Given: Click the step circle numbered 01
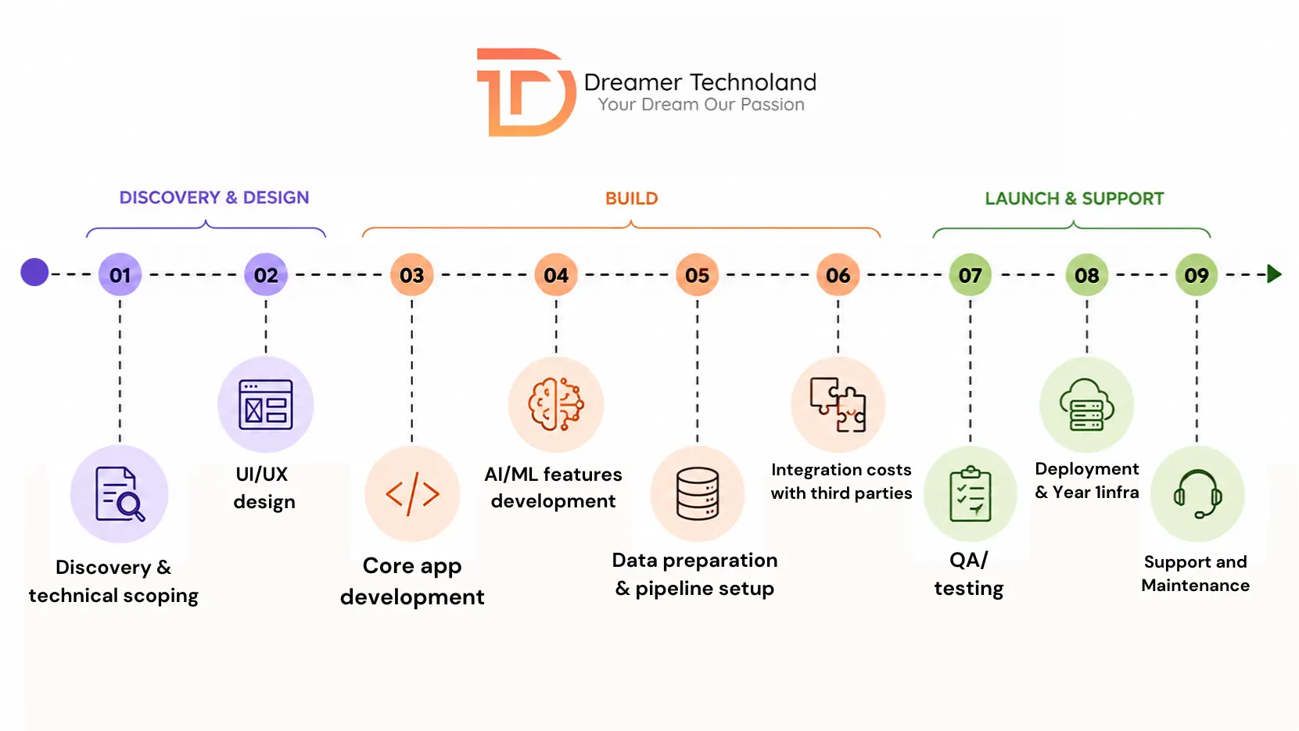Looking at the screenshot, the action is coord(120,274).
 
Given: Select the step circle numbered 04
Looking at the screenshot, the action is coord(555,274).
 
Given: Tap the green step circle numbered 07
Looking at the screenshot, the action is coord(970,274).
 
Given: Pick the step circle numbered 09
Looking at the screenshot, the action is coord(1196,274).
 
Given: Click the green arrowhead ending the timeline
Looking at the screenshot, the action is coord(1273,274).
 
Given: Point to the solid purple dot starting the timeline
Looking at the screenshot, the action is coord(34,272).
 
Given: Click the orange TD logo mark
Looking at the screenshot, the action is coord(526,92).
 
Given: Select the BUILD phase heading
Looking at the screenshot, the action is coord(632,199).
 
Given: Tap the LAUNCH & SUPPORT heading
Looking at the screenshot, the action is coord(1074,199).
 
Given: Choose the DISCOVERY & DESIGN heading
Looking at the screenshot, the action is coord(214,197).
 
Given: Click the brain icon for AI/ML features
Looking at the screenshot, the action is coord(555,404).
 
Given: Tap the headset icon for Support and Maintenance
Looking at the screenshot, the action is coord(1197,494).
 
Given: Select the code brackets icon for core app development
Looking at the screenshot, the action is coord(411,494).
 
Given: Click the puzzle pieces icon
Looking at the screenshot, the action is coord(838,405).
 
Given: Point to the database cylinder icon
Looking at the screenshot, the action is coord(697,493).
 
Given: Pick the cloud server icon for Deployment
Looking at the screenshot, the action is coord(1086,405).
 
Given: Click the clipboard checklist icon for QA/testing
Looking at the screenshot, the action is coord(971,494).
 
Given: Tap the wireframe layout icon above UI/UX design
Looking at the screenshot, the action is coord(266,405).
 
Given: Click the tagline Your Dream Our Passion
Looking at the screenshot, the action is coord(701,104).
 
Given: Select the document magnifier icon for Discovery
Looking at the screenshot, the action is coord(120,494).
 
